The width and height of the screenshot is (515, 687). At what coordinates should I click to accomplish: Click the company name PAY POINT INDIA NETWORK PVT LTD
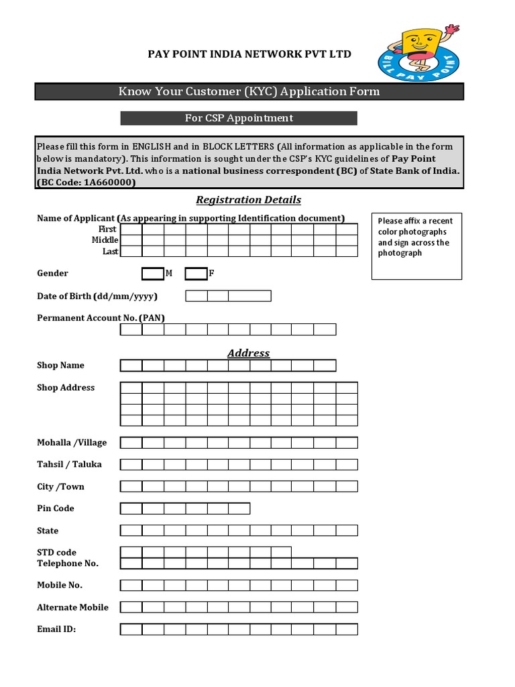pyautogui.click(x=249, y=54)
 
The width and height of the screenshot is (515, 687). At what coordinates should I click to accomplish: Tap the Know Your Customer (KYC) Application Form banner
pyautogui.click(x=249, y=91)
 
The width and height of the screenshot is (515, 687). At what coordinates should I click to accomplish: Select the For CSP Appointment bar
pyautogui.click(x=239, y=118)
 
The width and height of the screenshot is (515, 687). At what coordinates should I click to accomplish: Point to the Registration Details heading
pyautogui.click(x=248, y=200)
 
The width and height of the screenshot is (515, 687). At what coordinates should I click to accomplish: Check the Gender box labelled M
pyautogui.click(x=152, y=274)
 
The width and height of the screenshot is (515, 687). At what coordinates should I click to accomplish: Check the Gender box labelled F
pyautogui.click(x=195, y=274)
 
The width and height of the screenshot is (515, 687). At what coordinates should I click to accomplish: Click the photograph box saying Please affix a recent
pyautogui.click(x=416, y=246)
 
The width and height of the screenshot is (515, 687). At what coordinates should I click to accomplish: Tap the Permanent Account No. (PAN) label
pyautogui.click(x=101, y=318)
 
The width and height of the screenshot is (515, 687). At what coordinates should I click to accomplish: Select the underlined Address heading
pyautogui.click(x=248, y=353)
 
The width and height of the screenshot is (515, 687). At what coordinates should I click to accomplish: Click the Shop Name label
pyautogui.click(x=60, y=366)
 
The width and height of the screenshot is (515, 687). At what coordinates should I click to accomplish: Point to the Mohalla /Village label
pyautogui.click(x=72, y=443)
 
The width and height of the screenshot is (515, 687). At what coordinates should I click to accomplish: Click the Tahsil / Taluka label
pyautogui.click(x=69, y=464)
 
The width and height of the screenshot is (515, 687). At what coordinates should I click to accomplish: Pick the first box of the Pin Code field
pyautogui.click(x=131, y=509)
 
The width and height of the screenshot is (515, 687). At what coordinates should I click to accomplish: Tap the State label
pyautogui.click(x=48, y=531)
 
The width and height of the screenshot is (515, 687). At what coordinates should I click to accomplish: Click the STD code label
pyautogui.click(x=56, y=553)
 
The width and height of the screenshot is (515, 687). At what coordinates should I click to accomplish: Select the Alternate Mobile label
pyautogui.click(x=72, y=607)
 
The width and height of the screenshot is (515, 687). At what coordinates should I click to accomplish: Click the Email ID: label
pyautogui.click(x=56, y=629)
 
